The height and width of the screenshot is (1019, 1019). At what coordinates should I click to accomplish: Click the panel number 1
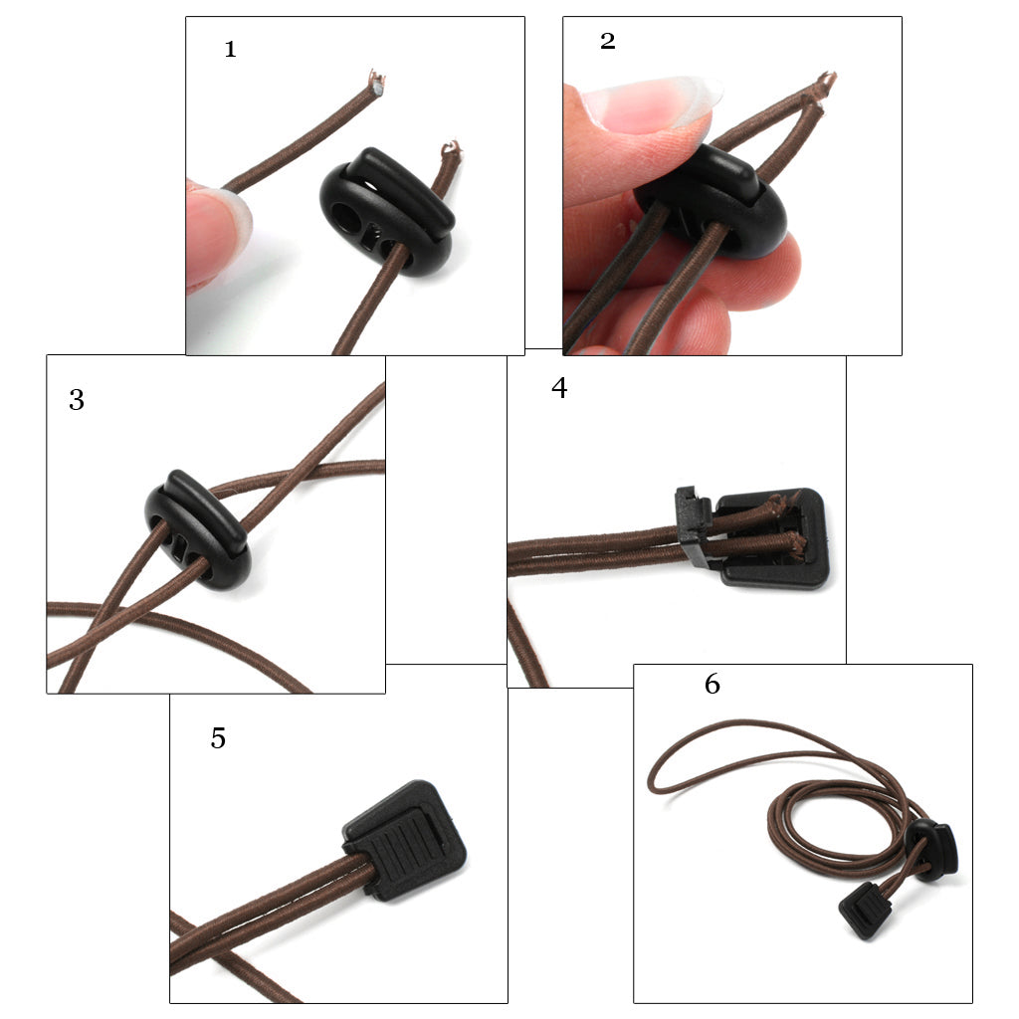pyautogui.click(x=230, y=50)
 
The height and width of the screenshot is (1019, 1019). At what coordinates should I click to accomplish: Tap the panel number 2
pyautogui.click(x=608, y=41)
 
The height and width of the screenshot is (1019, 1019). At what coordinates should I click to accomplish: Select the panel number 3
pyautogui.click(x=77, y=400)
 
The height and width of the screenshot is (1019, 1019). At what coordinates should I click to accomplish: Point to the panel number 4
pyautogui.click(x=559, y=387)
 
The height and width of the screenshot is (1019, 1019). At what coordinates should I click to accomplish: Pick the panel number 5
pyautogui.click(x=218, y=738)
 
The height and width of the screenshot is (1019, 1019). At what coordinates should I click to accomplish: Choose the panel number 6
pyautogui.click(x=713, y=684)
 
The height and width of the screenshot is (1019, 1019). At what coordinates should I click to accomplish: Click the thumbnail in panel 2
pyautogui.click(x=650, y=103)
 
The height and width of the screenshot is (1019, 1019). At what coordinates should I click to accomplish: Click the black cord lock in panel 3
pyautogui.click(x=198, y=529)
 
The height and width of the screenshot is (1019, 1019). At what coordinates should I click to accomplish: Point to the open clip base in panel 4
pyautogui.click(x=772, y=538)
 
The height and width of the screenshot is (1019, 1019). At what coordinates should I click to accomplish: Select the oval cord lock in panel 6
pyautogui.click(x=931, y=849)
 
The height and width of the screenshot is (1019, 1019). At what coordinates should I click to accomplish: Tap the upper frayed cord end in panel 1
pyautogui.click(x=375, y=82)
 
